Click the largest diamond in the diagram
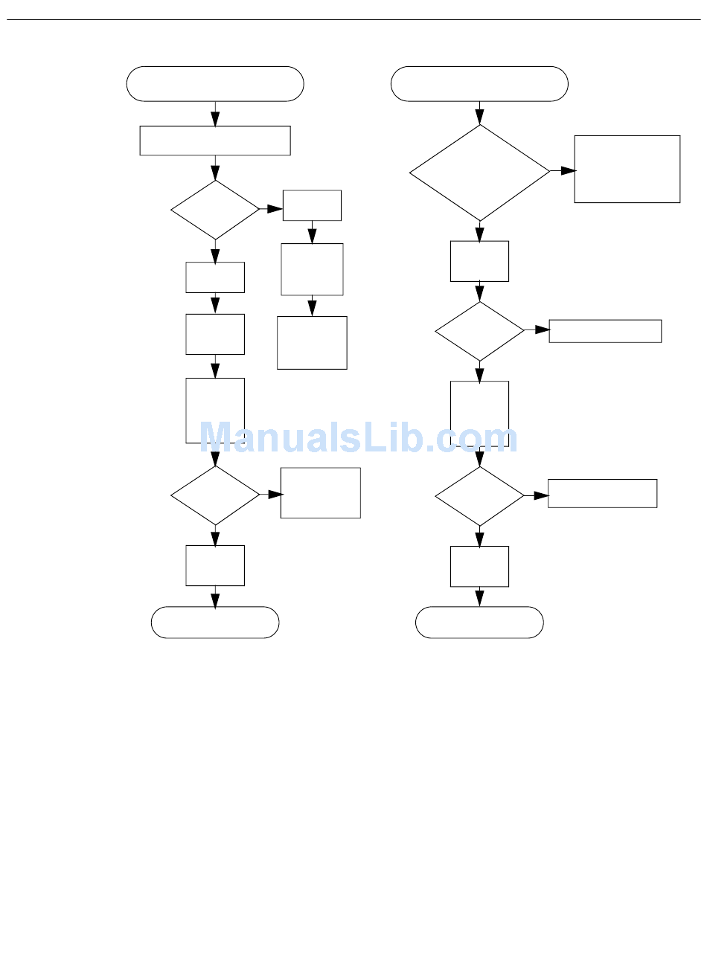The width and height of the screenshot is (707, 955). [x=479, y=173]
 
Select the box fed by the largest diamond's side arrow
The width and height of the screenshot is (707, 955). [x=627, y=169]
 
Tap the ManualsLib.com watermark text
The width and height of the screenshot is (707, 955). [x=358, y=437]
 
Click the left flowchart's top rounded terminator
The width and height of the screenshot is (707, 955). [x=215, y=83]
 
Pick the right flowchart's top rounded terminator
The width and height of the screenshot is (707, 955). [x=479, y=83]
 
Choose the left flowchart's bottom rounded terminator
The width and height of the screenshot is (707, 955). [x=215, y=622]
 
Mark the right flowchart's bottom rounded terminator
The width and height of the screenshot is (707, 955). [x=479, y=622]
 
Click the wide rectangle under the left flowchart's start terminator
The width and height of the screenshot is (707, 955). [x=215, y=141]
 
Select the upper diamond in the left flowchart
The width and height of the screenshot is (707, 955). [x=215, y=210]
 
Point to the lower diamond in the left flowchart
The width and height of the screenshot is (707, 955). [x=215, y=495]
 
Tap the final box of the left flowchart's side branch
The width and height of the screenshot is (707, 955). [x=312, y=343]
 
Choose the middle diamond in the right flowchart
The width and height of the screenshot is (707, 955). [x=479, y=331]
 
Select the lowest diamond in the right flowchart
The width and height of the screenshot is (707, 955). [x=479, y=495]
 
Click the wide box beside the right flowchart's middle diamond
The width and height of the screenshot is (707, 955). [x=605, y=331]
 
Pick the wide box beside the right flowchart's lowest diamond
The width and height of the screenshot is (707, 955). [x=602, y=493]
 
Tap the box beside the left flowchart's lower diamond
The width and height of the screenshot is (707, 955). [x=320, y=492]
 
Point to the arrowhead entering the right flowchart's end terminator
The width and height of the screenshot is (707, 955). [x=479, y=599]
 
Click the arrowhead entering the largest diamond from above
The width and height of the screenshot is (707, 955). [x=479, y=118]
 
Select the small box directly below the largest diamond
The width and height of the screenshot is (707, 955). [x=479, y=261]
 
